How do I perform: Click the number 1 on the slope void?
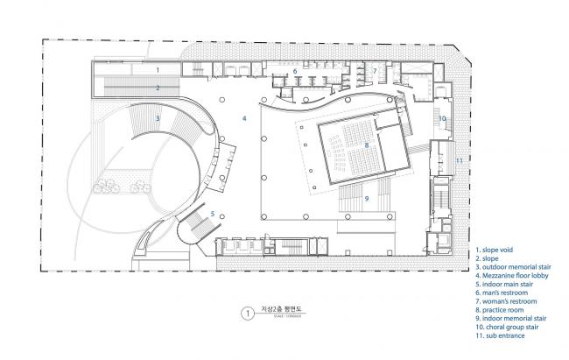click(x=158, y=67)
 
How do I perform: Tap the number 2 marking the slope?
click(x=158, y=88)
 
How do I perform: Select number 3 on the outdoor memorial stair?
click(x=158, y=116)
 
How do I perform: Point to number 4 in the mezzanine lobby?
click(x=244, y=117)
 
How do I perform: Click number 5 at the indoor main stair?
click(x=212, y=214)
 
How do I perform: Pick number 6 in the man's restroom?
click(x=295, y=71)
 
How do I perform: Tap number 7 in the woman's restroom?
click(x=374, y=70)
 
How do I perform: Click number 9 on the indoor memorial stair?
click(x=367, y=199)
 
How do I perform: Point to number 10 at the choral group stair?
click(x=442, y=118)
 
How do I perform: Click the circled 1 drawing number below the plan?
click(x=249, y=311)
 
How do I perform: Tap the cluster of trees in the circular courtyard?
click(x=109, y=185)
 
